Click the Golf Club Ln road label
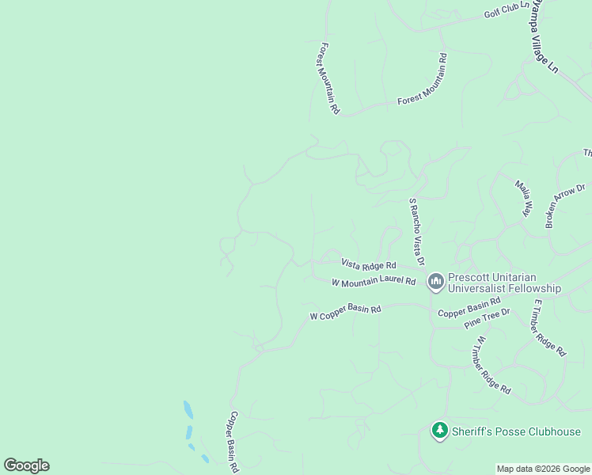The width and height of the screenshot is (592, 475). [x=507, y=10]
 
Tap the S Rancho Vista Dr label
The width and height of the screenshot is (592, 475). [x=417, y=231]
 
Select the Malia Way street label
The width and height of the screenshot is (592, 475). [x=523, y=198]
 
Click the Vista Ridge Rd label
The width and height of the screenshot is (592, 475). [x=368, y=265]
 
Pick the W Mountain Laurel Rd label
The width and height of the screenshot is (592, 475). [x=374, y=282]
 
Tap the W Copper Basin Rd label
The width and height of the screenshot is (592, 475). [x=345, y=313]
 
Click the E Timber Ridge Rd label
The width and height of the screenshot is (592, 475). [x=549, y=327]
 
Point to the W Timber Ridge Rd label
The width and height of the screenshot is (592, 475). [x=492, y=365]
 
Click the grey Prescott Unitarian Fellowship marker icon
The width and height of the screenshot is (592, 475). [x=435, y=281]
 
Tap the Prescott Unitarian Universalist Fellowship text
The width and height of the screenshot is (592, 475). [x=503, y=283]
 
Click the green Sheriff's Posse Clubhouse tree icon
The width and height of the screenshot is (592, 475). [x=439, y=431]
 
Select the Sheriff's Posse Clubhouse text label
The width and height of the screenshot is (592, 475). [x=516, y=431]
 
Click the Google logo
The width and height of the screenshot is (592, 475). [x=26, y=465]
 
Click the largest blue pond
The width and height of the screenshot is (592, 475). [x=188, y=409]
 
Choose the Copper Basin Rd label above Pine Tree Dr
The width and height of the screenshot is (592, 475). [x=470, y=307]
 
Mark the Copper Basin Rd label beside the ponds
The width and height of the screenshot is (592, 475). [x=233, y=441]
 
